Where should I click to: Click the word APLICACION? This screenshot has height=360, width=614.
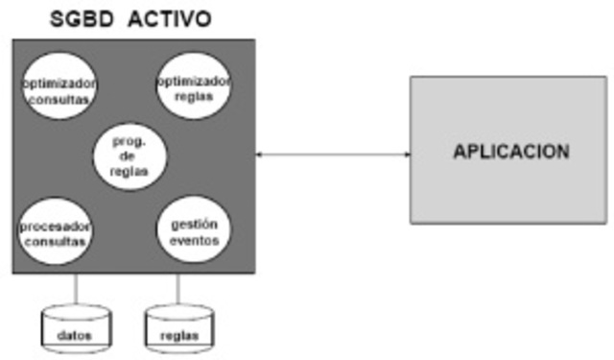pyautogui.click(x=511, y=152)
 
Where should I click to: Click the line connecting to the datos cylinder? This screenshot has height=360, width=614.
pyautogui.click(x=75, y=290)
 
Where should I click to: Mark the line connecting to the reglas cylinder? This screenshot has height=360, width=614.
pyautogui.click(x=177, y=290)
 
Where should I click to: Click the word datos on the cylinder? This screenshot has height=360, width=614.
pyautogui.click(x=75, y=335)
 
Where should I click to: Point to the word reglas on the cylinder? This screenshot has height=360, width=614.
pyautogui.click(x=177, y=335)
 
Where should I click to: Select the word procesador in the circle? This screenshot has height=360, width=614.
pyautogui.click(x=55, y=226)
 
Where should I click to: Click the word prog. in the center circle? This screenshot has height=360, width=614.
pyautogui.click(x=129, y=140)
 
